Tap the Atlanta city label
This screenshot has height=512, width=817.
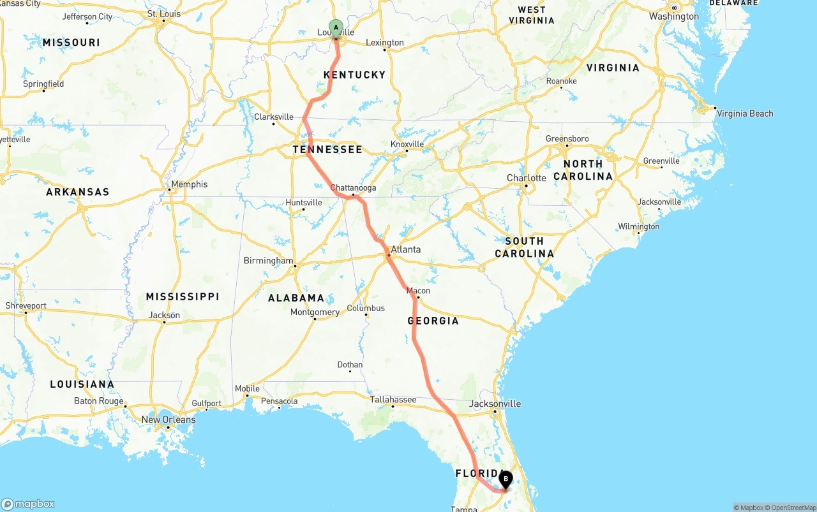406,249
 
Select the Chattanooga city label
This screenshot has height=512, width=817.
353,188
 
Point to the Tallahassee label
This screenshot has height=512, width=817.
393,400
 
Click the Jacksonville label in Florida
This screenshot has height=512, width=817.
495,404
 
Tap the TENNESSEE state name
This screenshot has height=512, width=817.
327,149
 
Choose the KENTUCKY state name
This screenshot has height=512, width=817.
355,75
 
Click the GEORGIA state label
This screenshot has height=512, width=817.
433,320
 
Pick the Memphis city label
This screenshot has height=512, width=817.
189,184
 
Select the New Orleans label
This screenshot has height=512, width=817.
169,420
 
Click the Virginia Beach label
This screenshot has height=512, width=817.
745,113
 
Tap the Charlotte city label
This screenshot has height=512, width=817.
527,178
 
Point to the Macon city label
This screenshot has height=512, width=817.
418,291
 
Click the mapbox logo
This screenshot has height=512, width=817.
28,504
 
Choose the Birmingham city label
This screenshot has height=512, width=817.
268,261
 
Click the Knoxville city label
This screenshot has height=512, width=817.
407,144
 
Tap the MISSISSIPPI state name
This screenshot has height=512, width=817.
183,296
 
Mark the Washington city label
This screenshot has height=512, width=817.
674,17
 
